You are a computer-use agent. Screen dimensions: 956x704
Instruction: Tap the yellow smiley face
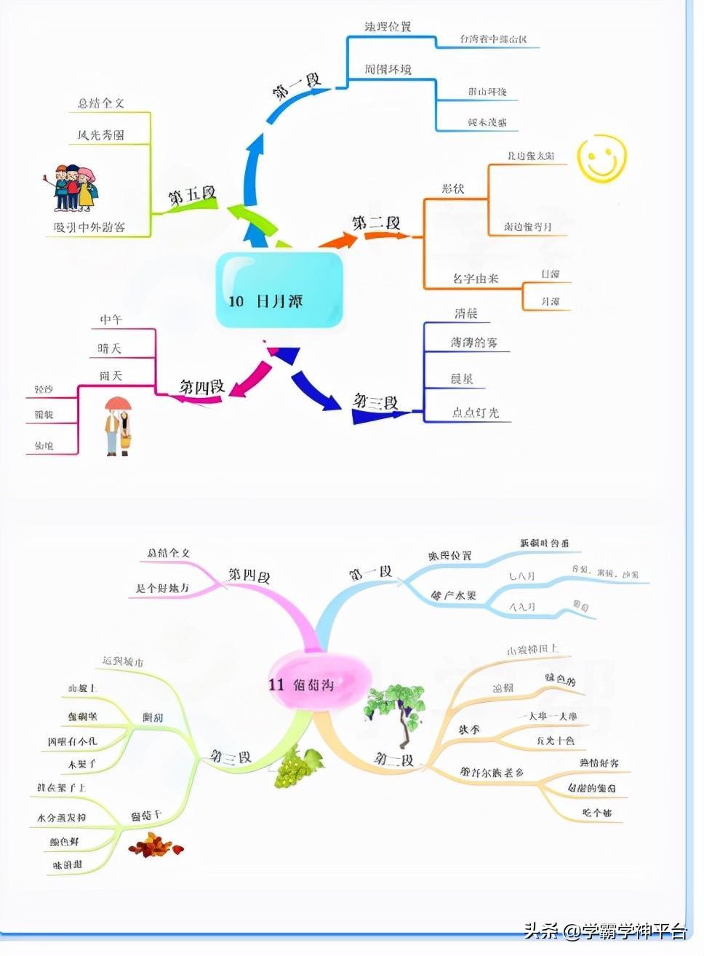click(x=601, y=159)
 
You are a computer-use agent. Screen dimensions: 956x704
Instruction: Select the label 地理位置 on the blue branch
click(x=388, y=27)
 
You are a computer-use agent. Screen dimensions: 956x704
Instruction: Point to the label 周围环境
click(x=388, y=69)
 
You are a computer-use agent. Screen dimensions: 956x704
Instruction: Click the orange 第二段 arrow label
click(x=376, y=223)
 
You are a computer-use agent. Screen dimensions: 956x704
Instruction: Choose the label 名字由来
click(x=475, y=279)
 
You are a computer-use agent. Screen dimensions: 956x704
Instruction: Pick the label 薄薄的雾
click(x=473, y=342)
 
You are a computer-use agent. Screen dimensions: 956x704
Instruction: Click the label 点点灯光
click(x=476, y=413)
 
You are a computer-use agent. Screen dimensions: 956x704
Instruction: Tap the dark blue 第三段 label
click(x=376, y=402)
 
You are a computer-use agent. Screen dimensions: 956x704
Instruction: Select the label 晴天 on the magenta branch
click(x=110, y=348)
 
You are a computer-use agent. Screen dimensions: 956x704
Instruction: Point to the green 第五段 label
click(x=193, y=196)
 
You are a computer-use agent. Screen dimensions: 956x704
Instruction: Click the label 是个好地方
click(x=162, y=589)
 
